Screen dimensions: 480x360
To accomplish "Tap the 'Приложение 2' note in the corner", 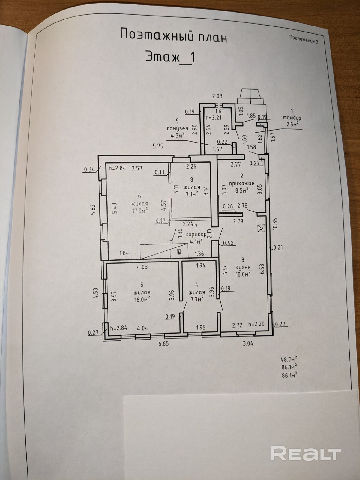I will coord(304,39).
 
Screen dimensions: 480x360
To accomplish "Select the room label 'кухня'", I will coord(243,267).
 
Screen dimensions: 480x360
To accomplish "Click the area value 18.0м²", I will coord(243,274).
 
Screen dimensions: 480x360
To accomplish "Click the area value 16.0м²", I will coord(142,299).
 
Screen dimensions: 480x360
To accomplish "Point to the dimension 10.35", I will coord(275,223).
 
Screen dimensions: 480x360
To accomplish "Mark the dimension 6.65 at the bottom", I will coord(163,344).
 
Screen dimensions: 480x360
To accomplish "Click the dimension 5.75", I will coord(158,146).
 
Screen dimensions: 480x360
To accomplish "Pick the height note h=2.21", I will coord(213,117).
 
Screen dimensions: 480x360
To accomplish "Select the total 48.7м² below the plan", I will coord(289,359).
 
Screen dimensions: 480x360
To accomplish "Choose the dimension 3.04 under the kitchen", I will coord(248,343).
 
